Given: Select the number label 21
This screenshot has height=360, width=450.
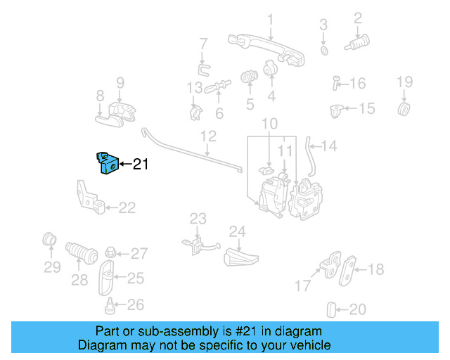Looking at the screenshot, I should tap(141, 165).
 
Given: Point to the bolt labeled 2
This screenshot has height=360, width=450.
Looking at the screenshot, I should tap(358, 44).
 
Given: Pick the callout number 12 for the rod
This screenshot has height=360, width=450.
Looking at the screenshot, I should tap(208, 135).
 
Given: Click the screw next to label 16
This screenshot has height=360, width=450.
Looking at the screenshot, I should tap(336, 83).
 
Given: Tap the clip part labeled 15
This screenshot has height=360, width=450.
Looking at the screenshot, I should tap(337, 110).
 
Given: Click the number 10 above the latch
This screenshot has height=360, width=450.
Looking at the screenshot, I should tap(270, 125).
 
